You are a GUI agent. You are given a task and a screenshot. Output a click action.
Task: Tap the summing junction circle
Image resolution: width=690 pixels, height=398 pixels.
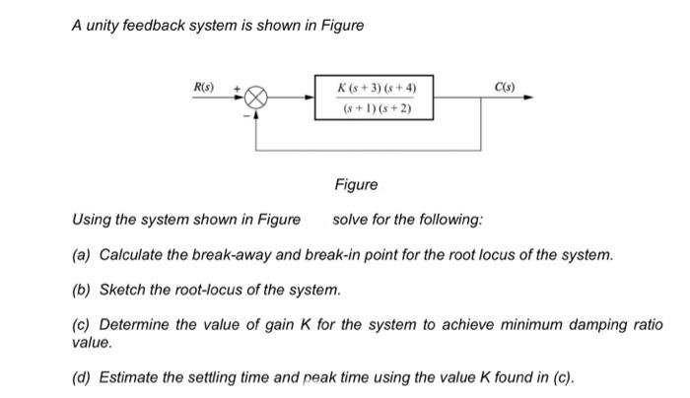(x=256, y=99)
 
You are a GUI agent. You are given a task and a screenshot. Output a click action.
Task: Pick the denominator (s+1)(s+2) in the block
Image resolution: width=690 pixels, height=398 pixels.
(x=376, y=108)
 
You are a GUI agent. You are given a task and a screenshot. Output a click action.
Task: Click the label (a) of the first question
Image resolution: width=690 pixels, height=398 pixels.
(x=82, y=255)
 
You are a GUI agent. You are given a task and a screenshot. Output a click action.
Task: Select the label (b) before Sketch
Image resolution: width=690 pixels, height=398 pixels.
(x=82, y=290)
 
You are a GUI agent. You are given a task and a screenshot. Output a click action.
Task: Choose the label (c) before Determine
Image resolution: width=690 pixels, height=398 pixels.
(x=82, y=325)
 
